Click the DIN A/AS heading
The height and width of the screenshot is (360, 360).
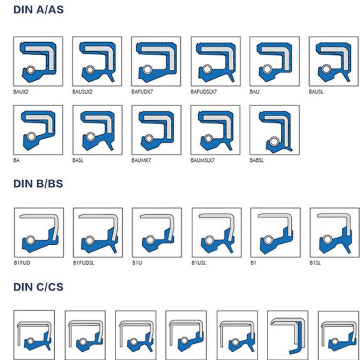click(38, 9)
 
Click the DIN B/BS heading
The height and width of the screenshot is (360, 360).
click(38, 183)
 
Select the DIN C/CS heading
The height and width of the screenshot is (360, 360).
click(38, 287)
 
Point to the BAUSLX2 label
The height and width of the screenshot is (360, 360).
click(82, 91)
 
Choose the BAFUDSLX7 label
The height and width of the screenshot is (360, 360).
click(204, 91)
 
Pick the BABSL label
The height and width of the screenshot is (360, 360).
click(257, 160)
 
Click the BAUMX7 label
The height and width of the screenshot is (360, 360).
click(141, 160)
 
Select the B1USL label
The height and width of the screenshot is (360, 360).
click(199, 263)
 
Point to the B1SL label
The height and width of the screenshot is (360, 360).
click(315, 263)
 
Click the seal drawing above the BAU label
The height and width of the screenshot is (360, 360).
click(274, 61)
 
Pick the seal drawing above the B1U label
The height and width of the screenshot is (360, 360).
click(156, 232)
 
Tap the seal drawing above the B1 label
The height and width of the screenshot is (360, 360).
click(275, 232)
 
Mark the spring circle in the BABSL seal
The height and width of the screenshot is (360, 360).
click(273, 141)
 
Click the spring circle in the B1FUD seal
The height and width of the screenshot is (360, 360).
click(30, 240)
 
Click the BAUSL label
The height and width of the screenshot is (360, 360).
click(316, 91)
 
